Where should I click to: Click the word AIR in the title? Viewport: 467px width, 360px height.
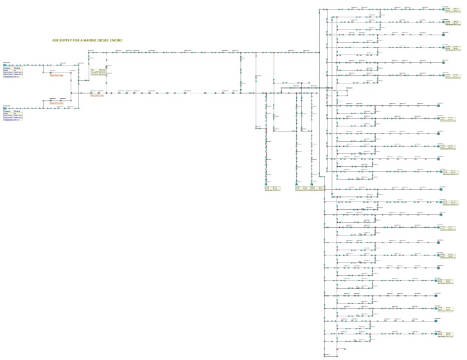point(55,40)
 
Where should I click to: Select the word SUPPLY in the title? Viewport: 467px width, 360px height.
point(66,40)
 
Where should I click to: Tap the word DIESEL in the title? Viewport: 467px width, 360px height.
point(105,40)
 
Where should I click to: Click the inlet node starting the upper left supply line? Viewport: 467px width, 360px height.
point(6,65)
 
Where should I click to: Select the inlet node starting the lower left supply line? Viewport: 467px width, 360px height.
point(6,108)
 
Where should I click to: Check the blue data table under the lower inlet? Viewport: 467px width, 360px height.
point(13,116)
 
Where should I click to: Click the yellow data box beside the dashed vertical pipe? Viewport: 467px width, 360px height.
point(98,72)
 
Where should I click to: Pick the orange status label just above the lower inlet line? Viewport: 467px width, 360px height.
point(57,102)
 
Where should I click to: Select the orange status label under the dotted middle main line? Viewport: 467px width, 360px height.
point(96,96)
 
